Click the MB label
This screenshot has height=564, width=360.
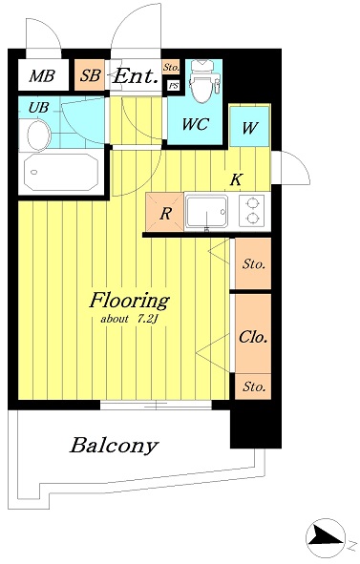42,76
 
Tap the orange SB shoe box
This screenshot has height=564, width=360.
90,75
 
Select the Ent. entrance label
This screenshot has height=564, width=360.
136,76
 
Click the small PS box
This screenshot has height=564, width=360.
174,86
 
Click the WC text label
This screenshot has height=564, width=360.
195,124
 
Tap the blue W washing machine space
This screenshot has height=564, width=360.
249,126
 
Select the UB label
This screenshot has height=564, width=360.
38,107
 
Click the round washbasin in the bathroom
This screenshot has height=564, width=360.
39,135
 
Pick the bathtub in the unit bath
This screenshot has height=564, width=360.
61,173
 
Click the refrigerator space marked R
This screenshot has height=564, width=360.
165,212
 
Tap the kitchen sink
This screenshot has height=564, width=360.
206,212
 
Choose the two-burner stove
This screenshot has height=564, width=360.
253,211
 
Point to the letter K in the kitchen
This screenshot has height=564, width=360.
236,179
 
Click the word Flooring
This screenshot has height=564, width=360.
129,302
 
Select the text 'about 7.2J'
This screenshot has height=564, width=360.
128,319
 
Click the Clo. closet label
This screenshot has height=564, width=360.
253,337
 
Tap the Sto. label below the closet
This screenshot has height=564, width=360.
254,387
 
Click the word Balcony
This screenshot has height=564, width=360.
115,446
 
